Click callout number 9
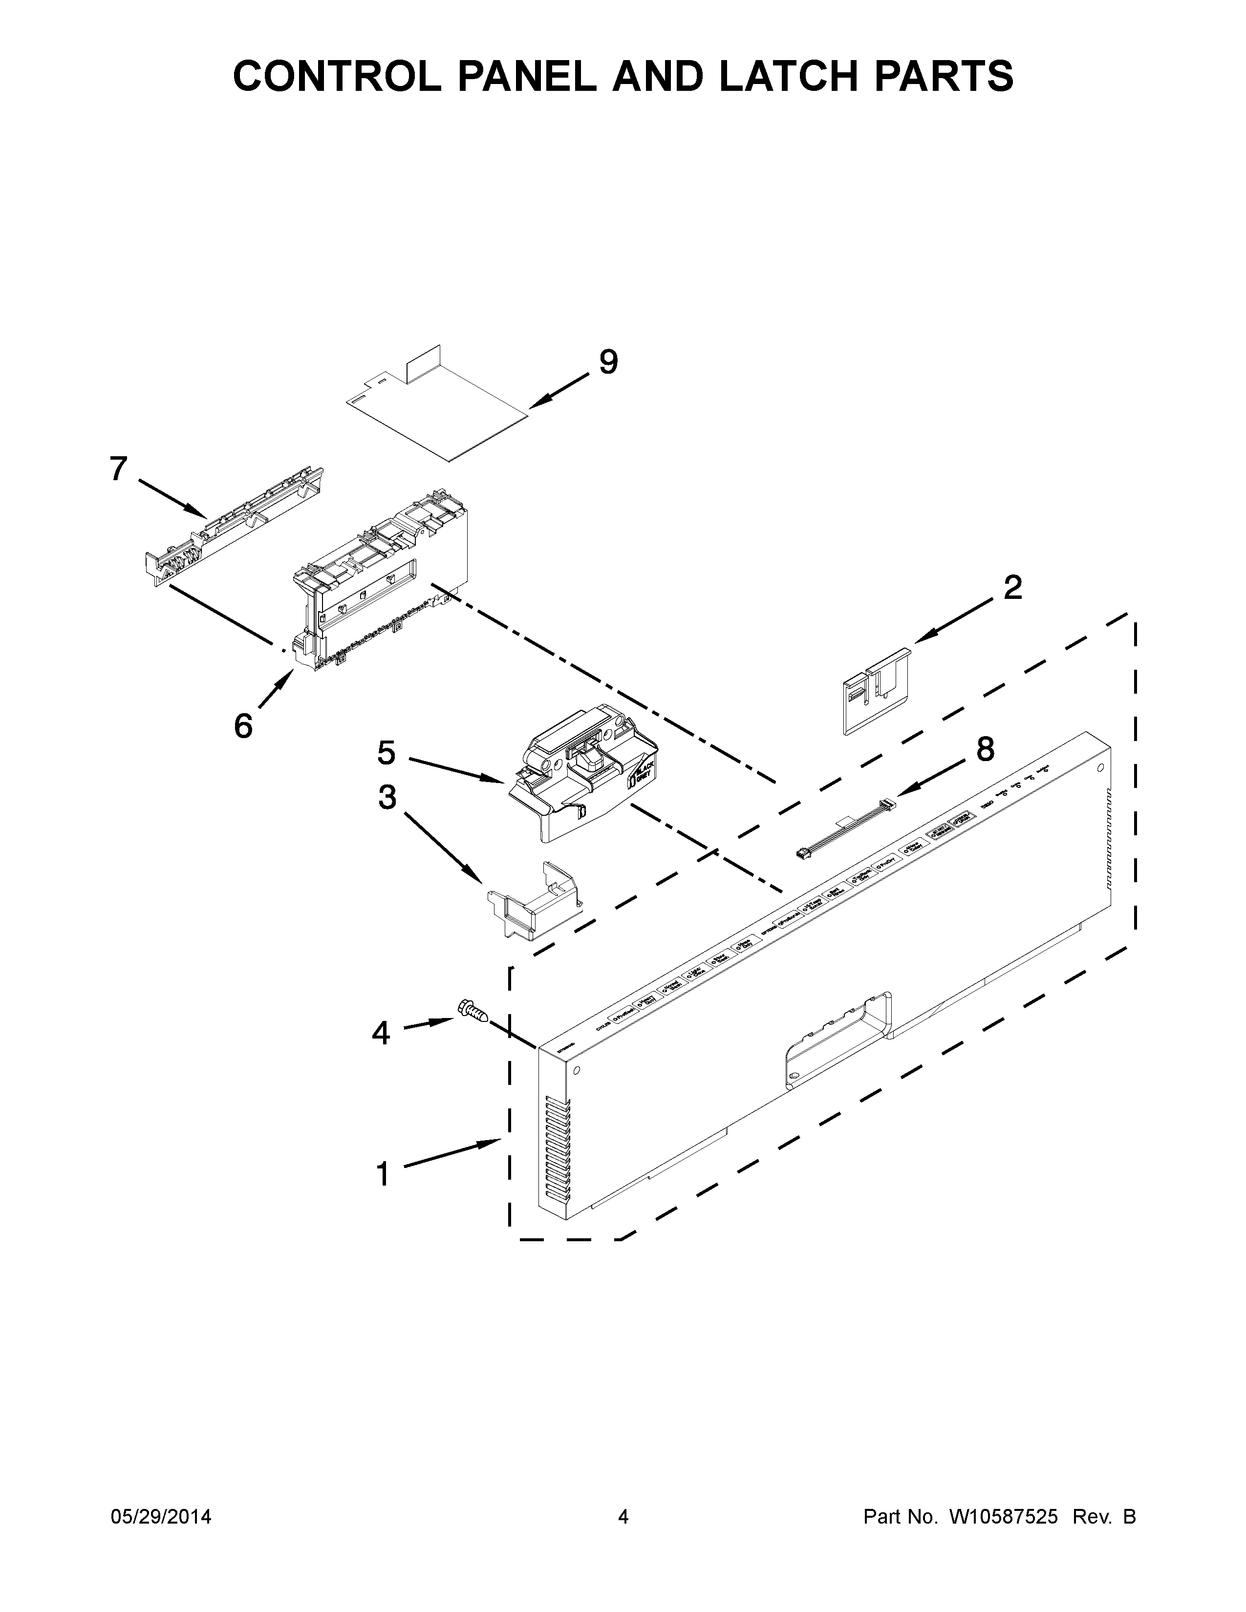(x=607, y=361)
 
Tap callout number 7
(x=118, y=468)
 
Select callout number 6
(x=243, y=725)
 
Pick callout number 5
(x=386, y=753)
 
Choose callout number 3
(x=387, y=797)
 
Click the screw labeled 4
(x=472, y=1010)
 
